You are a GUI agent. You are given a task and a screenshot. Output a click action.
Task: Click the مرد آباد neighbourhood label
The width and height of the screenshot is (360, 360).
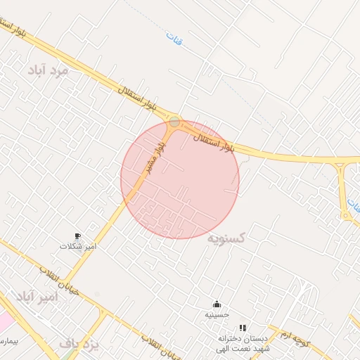tap(48, 70)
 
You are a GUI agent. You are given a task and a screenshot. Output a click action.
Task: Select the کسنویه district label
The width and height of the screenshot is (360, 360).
tap(226, 238)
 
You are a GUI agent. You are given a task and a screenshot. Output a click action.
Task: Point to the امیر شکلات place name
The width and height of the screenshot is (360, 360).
tap(78, 247)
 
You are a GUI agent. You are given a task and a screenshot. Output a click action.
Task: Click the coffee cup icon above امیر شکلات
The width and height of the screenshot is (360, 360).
tap(77, 236)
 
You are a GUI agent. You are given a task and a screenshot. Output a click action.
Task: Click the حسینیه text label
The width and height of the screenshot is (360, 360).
tap(217, 314)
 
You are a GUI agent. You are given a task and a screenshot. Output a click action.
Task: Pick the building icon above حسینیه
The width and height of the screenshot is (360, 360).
tap(217, 304)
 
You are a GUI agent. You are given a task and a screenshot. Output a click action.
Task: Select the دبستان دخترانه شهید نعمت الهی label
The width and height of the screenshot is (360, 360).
tap(243, 342)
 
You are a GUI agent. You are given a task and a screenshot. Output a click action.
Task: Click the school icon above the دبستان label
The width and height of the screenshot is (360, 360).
tap(243, 328)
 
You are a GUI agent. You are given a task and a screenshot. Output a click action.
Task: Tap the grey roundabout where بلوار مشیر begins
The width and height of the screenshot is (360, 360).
tap(174, 122)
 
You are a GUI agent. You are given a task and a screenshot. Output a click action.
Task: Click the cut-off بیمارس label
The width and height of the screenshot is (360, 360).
tap(8, 341)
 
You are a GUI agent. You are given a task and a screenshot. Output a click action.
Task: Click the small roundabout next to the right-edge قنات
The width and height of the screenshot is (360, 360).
tap(345, 215)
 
